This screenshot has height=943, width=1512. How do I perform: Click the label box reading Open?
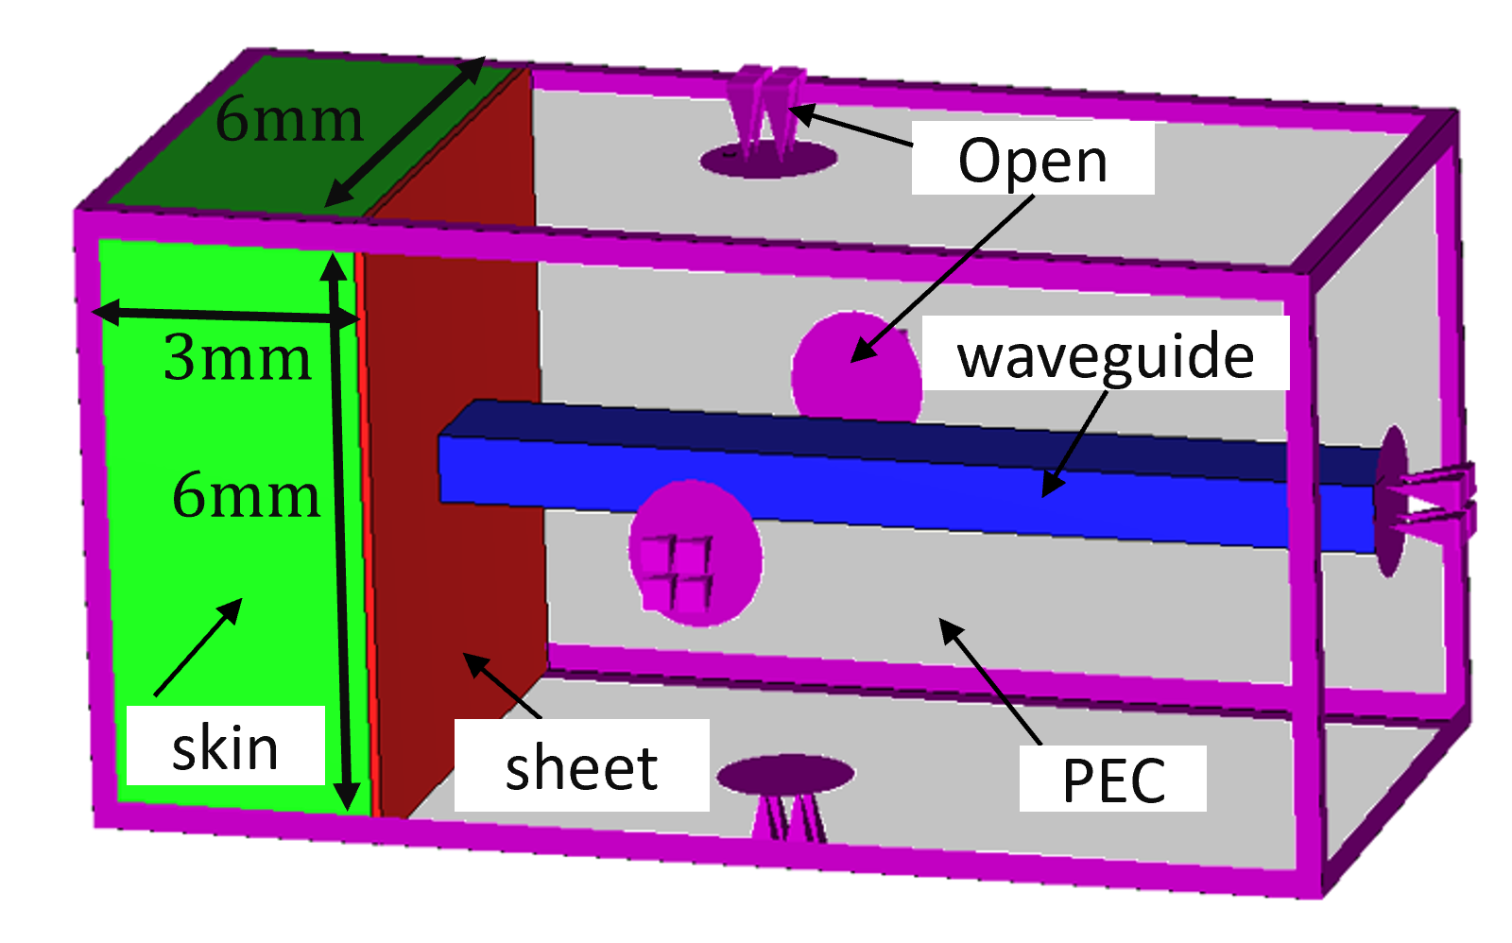pyautogui.click(x=1032, y=160)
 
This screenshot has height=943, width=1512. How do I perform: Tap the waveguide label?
pyautogui.click(x=1105, y=355)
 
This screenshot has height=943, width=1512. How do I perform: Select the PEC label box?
pyautogui.click(x=1112, y=779)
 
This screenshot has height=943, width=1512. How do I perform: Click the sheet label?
pyautogui.click(x=580, y=766)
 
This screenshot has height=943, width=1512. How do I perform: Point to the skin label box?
pyautogui.click(x=225, y=746)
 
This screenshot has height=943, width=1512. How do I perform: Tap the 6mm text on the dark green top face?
pyautogui.click(x=288, y=120)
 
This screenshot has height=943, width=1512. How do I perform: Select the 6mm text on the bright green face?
pyautogui.click(x=246, y=495)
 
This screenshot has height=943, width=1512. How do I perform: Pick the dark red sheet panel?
pyautogui.click(x=454, y=529)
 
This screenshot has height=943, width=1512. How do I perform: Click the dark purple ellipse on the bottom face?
pyautogui.click(x=785, y=775)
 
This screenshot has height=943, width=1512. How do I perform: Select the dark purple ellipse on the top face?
pyautogui.click(x=767, y=161)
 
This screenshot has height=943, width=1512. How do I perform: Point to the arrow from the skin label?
pyautogui.click(x=198, y=647)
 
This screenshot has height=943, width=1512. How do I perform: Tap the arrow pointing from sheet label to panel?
pyautogui.click(x=501, y=685)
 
